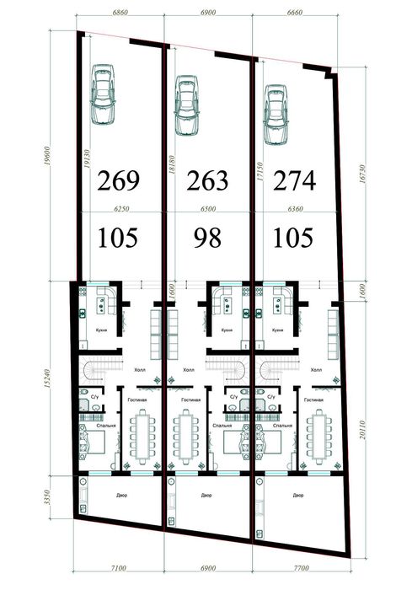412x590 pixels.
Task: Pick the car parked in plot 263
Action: click(x=186, y=105)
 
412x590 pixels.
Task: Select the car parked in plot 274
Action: click(x=276, y=110)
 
